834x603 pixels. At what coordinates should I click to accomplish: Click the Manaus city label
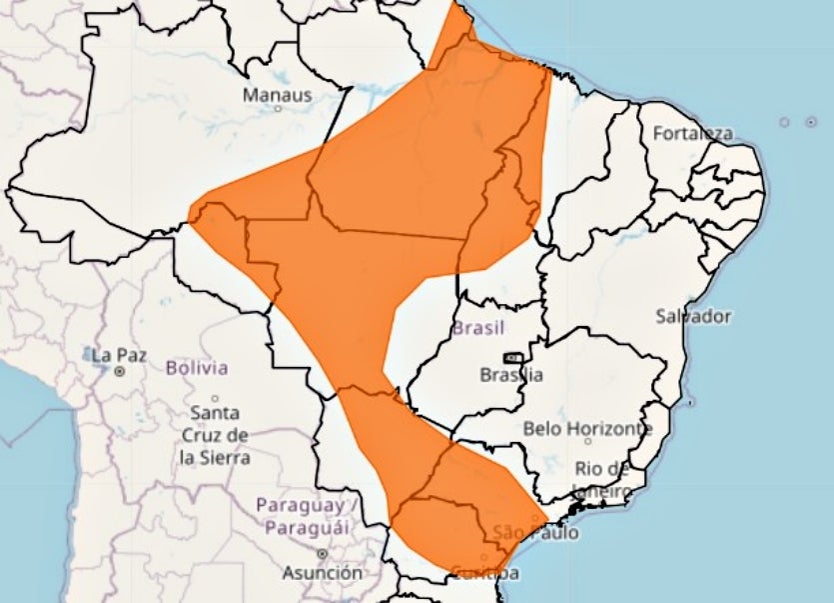coord(278,96)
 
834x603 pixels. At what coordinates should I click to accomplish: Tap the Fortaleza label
coord(692,133)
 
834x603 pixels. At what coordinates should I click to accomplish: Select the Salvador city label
coord(693,316)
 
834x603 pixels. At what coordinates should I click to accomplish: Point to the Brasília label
coord(511,375)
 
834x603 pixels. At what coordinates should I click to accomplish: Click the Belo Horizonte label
coord(587,429)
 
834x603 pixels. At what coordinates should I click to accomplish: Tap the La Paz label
coord(119,355)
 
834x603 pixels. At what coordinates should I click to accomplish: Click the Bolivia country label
coord(197,367)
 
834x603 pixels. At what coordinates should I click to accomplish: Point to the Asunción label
coord(322,573)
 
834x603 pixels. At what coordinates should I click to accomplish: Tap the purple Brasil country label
coord(479,328)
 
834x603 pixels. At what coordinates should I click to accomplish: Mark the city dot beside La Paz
coord(119,371)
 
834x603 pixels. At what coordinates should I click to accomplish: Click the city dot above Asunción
coord(322,553)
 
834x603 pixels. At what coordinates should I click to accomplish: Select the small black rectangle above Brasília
coord(513,357)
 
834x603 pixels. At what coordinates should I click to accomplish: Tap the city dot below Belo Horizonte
coord(588,439)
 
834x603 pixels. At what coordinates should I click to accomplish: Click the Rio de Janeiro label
coord(602,480)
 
